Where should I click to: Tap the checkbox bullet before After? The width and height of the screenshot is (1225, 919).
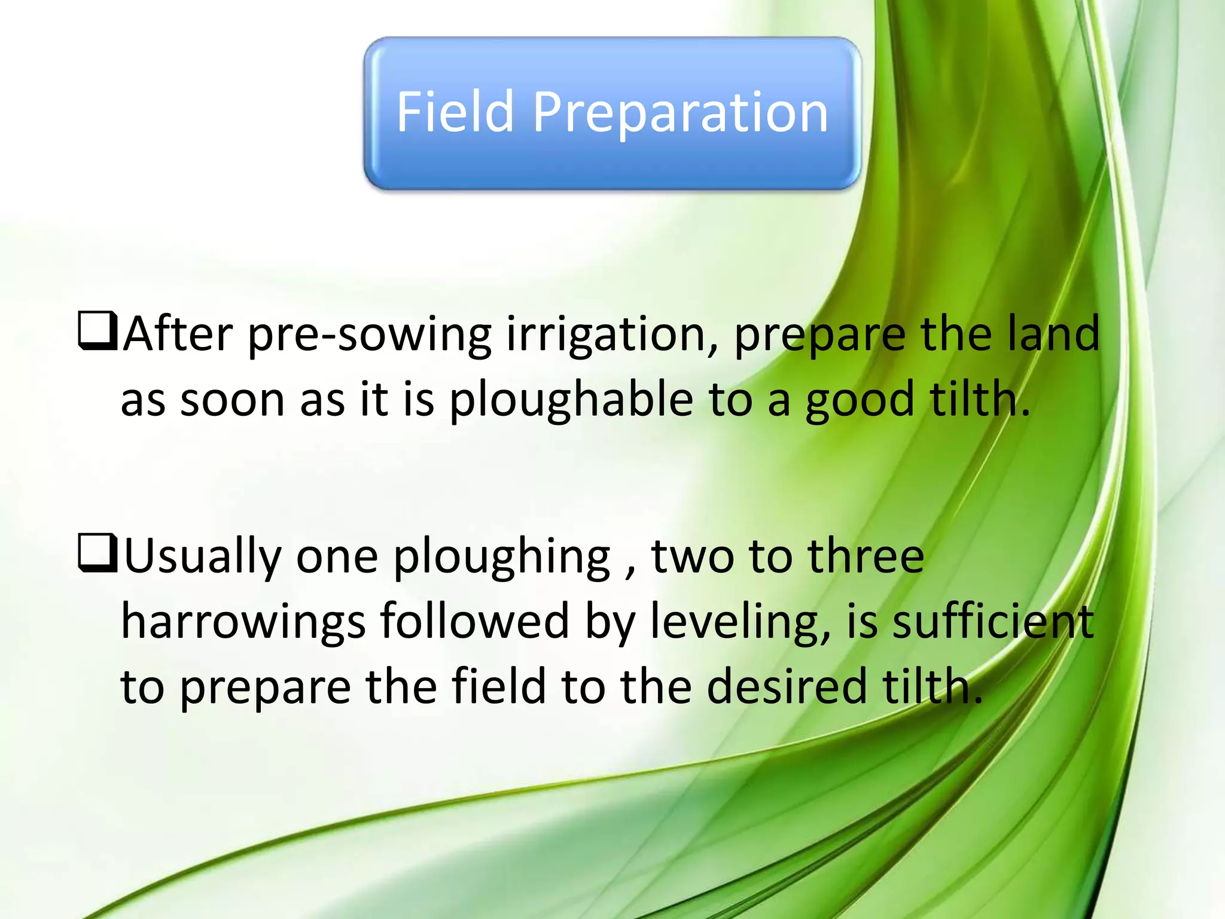tap(97, 331)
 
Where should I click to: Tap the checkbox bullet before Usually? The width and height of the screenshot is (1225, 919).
tap(97, 554)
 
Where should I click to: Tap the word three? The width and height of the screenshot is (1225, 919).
tap(866, 555)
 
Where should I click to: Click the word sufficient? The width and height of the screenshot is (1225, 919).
tap(993, 621)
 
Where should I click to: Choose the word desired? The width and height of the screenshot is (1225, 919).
tap(787, 686)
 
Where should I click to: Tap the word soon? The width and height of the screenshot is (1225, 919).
tap(232, 400)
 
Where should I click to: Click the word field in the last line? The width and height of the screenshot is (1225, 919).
tap(499, 686)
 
